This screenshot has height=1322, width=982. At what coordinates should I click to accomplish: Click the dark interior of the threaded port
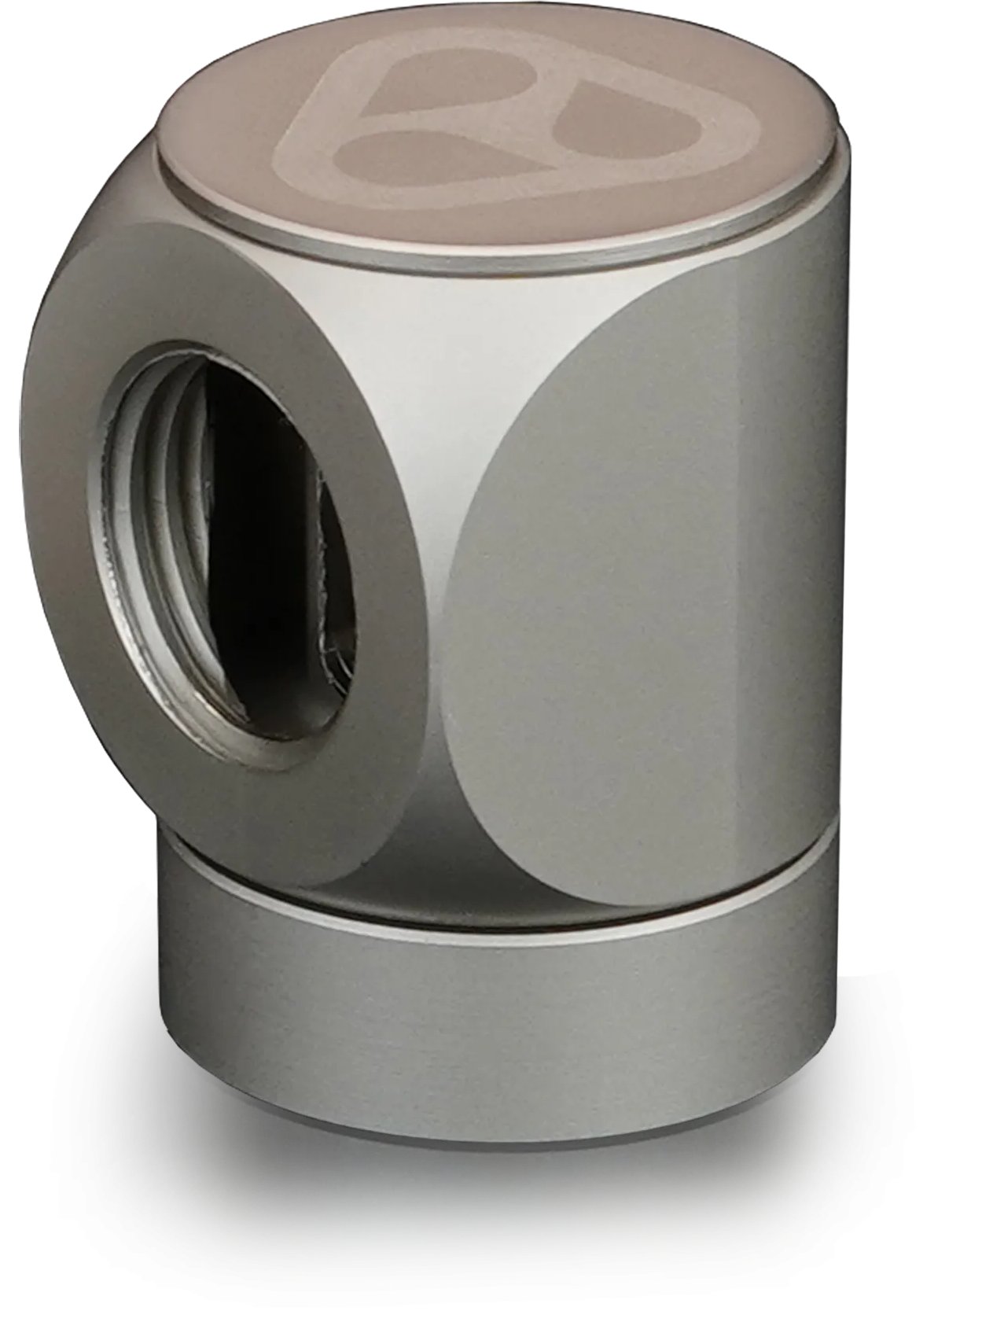pos(267,551)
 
